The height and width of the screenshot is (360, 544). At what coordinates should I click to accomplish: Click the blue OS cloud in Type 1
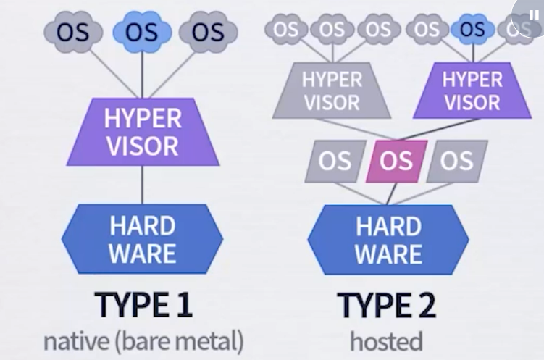[x=142, y=33]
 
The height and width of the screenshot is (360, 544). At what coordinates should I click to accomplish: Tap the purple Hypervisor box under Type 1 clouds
[x=142, y=131]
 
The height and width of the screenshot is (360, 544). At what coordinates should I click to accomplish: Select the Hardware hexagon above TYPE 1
[x=143, y=240]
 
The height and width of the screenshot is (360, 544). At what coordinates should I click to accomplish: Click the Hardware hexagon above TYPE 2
[x=388, y=240]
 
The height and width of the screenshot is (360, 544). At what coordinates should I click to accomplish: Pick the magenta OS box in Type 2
[x=396, y=161]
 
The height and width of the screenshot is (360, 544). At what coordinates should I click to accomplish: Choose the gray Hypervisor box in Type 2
[x=332, y=91]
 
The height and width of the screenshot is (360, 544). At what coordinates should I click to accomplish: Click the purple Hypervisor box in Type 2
[x=472, y=91]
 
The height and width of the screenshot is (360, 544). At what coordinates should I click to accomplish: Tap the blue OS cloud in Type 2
[x=472, y=30]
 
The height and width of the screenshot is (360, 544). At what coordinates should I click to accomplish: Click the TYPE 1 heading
[x=143, y=306]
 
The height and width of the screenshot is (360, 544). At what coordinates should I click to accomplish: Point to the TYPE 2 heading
[x=388, y=306]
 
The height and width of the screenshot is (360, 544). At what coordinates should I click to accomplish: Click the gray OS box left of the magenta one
[x=335, y=161]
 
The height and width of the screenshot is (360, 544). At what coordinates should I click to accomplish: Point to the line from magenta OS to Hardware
[x=393, y=193]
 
